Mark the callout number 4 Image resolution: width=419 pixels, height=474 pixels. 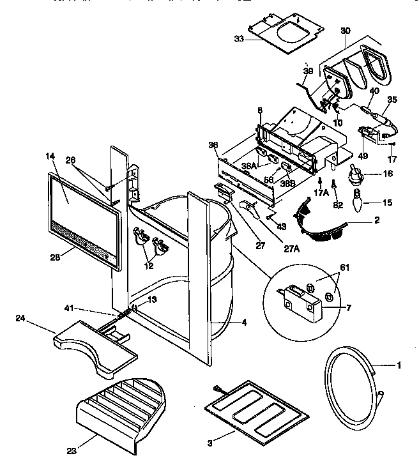(244, 323)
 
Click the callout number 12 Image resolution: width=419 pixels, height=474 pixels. (148, 266)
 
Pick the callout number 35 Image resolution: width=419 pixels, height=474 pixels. (392, 99)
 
